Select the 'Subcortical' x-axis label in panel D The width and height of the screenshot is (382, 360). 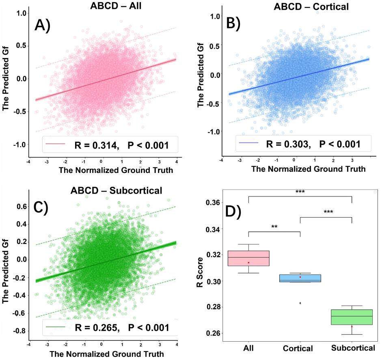point(352,348)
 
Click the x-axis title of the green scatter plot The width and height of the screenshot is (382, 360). point(107,354)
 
